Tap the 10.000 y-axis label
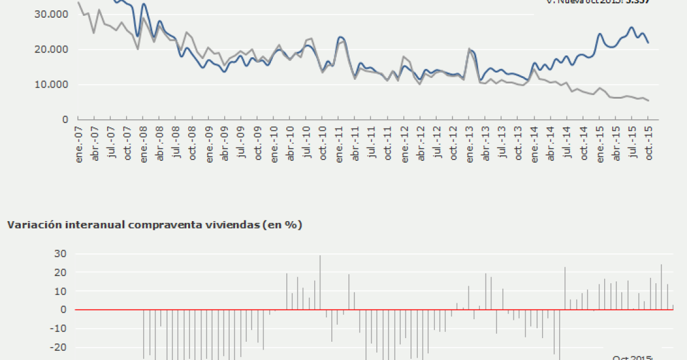pyautogui.click(x=52, y=84)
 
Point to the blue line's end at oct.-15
pyautogui.click(x=648, y=43)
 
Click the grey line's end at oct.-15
pyautogui.click(x=648, y=101)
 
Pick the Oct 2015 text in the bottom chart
pyautogui.click(x=632, y=357)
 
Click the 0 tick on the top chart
pyautogui.click(x=64, y=119)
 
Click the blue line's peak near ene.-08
pyautogui.click(x=143, y=4)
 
